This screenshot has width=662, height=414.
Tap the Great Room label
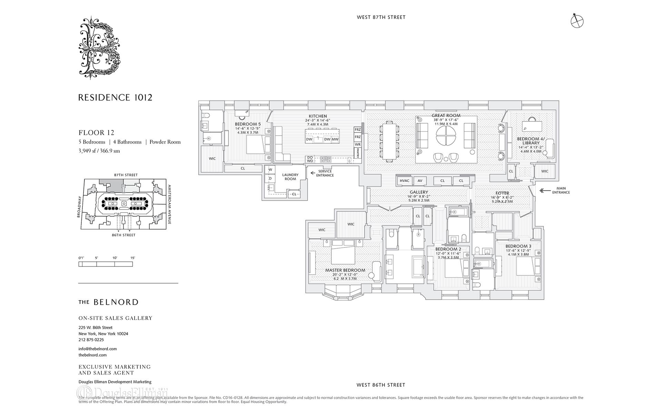coord(446,116)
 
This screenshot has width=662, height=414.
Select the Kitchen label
coord(318,116)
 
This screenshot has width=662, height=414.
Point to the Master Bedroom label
coord(345,270)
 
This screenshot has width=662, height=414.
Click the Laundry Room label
coord(290,177)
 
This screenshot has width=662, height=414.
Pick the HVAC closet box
coord(404,181)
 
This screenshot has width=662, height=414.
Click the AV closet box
coord(420,181)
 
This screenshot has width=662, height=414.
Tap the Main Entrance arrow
coord(545,190)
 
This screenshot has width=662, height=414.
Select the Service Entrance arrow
coord(313,173)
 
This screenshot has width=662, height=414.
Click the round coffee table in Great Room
coord(446,136)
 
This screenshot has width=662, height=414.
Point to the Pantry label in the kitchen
coord(358,152)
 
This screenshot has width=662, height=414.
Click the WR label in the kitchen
coord(358,145)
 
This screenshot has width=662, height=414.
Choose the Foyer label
coord(502,193)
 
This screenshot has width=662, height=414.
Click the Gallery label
coord(419,192)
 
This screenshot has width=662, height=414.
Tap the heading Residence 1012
coord(115,98)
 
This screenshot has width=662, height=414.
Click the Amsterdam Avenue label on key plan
coord(169,205)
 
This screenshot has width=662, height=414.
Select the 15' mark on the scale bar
coord(132,258)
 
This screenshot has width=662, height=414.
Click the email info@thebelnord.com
coord(98,349)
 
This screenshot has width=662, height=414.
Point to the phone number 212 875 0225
coord(91,340)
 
